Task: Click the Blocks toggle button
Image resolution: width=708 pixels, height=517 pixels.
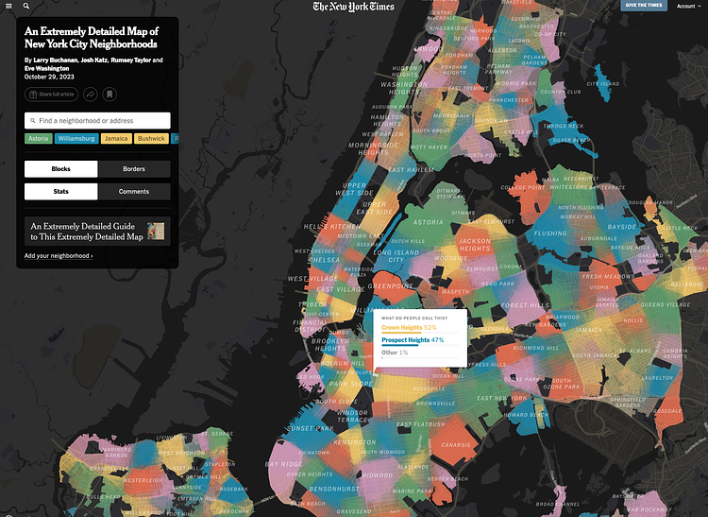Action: point(60,168)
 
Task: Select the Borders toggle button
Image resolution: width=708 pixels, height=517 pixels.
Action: point(134,168)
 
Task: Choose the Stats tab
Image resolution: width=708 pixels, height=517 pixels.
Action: point(60,191)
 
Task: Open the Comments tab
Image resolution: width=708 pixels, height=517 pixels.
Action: point(134,191)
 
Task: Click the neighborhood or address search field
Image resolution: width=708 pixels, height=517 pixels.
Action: point(97,121)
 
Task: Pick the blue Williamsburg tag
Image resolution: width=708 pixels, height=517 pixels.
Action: point(76,139)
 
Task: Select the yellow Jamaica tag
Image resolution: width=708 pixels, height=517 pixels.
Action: point(116,139)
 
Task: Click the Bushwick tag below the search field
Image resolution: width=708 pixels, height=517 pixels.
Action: point(151,139)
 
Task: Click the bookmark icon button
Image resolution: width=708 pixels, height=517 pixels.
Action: point(110,95)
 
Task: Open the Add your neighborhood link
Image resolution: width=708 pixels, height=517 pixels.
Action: point(59,256)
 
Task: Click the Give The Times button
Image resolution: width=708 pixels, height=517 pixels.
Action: point(644,6)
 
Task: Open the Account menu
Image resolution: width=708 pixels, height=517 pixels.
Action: point(688,6)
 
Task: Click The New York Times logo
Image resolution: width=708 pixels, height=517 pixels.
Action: point(354,7)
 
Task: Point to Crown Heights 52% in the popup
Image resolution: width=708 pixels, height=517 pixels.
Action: point(409,327)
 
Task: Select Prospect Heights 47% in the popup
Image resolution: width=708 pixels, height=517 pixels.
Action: point(413,339)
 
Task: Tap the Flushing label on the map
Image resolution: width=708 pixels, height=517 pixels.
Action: point(550,233)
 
